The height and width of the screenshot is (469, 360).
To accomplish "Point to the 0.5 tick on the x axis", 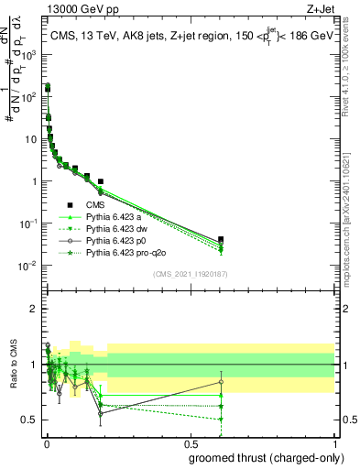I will click(191, 444).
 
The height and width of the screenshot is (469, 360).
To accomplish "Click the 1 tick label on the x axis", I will click(334, 444).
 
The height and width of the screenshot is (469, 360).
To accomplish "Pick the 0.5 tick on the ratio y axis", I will click(30, 420).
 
